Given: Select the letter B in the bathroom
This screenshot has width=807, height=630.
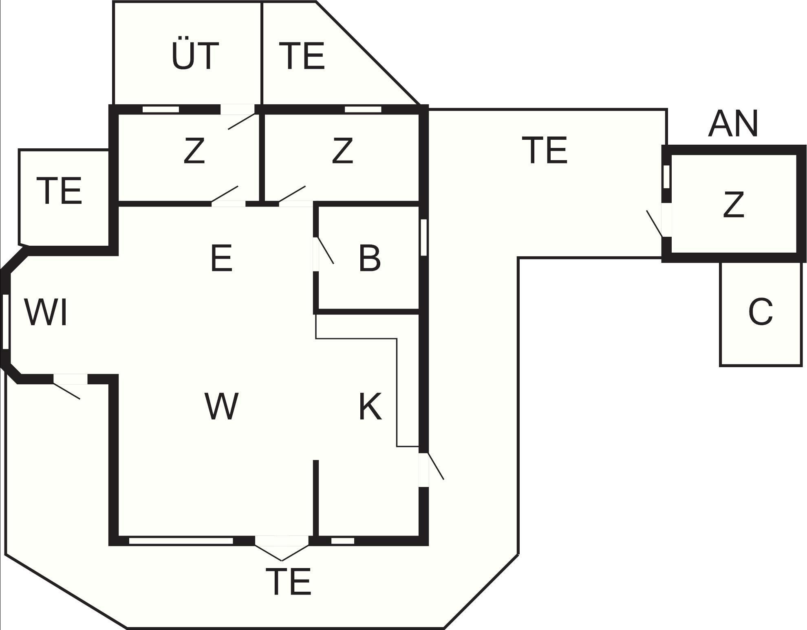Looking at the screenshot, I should [370, 258].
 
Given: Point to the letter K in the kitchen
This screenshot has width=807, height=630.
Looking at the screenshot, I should [370, 406].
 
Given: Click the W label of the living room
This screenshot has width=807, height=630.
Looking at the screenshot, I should [221, 406].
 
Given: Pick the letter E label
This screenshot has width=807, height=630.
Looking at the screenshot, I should [221, 258].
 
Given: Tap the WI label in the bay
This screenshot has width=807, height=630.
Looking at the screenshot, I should [46, 313].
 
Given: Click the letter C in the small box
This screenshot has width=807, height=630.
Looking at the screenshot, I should [761, 312].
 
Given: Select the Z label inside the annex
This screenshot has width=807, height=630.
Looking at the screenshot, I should [733, 205].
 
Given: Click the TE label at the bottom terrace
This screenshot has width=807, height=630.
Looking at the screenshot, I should [288, 582].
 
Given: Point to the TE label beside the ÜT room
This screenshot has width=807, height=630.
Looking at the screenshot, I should [302, 56].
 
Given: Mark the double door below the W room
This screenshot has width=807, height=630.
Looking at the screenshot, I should [282, 546].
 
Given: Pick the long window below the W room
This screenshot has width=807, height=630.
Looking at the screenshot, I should [181, 541].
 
